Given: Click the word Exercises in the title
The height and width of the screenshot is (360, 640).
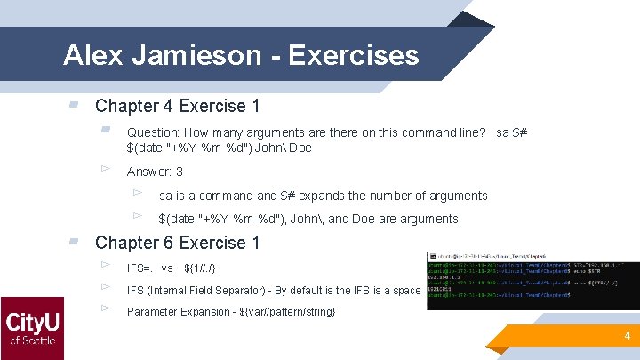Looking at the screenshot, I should point(353,56).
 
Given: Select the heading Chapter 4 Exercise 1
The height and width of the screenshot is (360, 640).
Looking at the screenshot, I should point(177,106).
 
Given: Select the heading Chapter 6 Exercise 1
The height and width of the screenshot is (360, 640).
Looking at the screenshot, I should point(177,243).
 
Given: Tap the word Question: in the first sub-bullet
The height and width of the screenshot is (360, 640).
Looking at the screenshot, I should point(154,132).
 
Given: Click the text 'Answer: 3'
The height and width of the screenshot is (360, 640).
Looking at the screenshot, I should point(155,172).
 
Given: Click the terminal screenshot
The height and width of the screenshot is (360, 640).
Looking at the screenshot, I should point(532,280).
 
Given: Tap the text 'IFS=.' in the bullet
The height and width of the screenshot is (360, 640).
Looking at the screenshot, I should point(140,268).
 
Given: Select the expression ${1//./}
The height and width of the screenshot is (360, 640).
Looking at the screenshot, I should point(199,268).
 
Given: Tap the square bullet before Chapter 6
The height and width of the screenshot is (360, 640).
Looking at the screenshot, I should point(74,242).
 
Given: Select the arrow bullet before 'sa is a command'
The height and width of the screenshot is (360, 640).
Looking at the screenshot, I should point(137,193).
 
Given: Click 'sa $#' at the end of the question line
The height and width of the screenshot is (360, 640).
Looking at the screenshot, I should point(511,132).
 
